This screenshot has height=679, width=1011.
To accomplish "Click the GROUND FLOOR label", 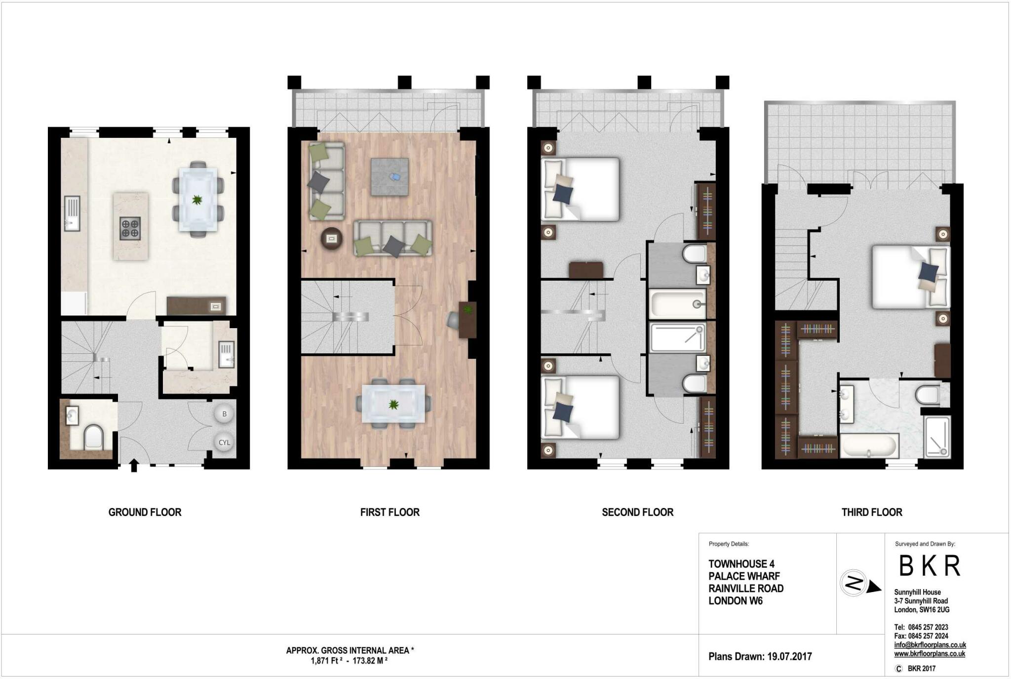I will point(145,512).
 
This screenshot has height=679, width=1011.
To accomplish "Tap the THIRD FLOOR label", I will point(871,512).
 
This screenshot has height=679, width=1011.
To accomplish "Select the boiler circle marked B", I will point(224,414).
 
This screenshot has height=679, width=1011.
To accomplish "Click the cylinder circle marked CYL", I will point(224,442).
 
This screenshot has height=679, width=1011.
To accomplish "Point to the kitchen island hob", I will point(130,228).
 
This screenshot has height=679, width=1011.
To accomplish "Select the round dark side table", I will point(332,239).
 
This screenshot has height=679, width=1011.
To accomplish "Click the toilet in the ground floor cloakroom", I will point(93,437).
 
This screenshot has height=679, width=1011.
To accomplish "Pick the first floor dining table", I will point(393,404).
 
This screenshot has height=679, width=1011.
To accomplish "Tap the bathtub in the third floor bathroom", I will point(869,446).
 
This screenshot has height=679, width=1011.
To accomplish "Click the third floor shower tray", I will point(936,437).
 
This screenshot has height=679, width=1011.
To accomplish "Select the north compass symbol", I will point(855,584).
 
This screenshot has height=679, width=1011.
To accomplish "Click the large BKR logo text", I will point(930,566).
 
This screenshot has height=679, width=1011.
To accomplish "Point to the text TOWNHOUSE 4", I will point(741,564).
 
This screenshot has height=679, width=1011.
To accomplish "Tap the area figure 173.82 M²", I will point(370,661).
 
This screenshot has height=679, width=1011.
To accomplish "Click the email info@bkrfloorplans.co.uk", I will point(930,645).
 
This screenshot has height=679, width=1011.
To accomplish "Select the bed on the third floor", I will point(910,277).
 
